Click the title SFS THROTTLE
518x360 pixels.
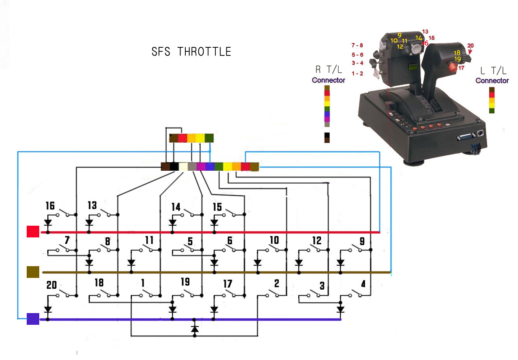click(191, 52)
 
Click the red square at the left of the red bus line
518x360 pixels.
click(33, 232)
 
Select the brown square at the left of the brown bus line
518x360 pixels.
click(32, 272)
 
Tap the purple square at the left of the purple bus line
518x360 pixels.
click(33, 319)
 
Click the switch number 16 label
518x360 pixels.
click(50, 206)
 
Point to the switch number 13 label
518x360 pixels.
click(92, 206)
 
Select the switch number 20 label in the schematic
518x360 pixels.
click(51, 285)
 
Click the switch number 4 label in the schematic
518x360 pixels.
click(363, 284)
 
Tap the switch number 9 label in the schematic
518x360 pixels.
click(361, 241)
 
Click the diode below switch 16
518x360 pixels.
click(48, 222)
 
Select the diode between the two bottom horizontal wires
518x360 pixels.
click(195, 329)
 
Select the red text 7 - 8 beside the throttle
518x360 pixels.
click(357, 45)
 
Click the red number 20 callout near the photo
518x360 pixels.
click(470, 46)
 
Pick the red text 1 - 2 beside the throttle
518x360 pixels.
click(357, 74)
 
